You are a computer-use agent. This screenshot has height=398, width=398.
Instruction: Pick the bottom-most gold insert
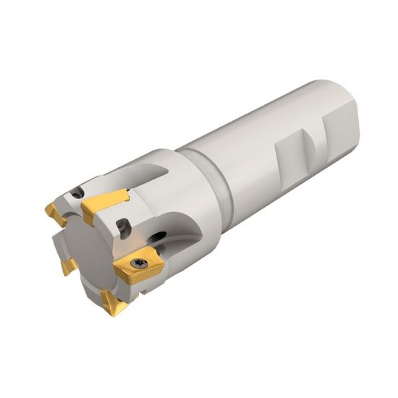coord(111,302)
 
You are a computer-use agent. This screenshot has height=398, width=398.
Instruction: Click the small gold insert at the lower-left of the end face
coord(67,266)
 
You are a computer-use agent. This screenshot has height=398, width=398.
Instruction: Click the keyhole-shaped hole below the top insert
coord(124,230)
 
